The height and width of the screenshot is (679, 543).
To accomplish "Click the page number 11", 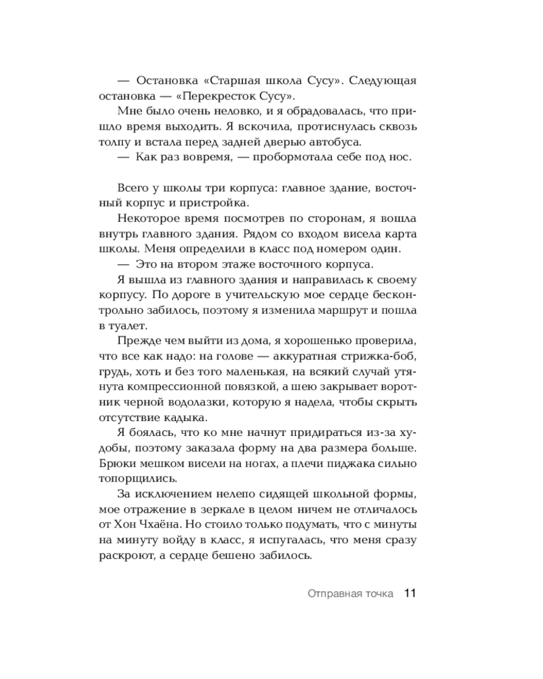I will (409, 593).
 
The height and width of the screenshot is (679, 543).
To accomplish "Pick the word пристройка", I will (219, 203).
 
